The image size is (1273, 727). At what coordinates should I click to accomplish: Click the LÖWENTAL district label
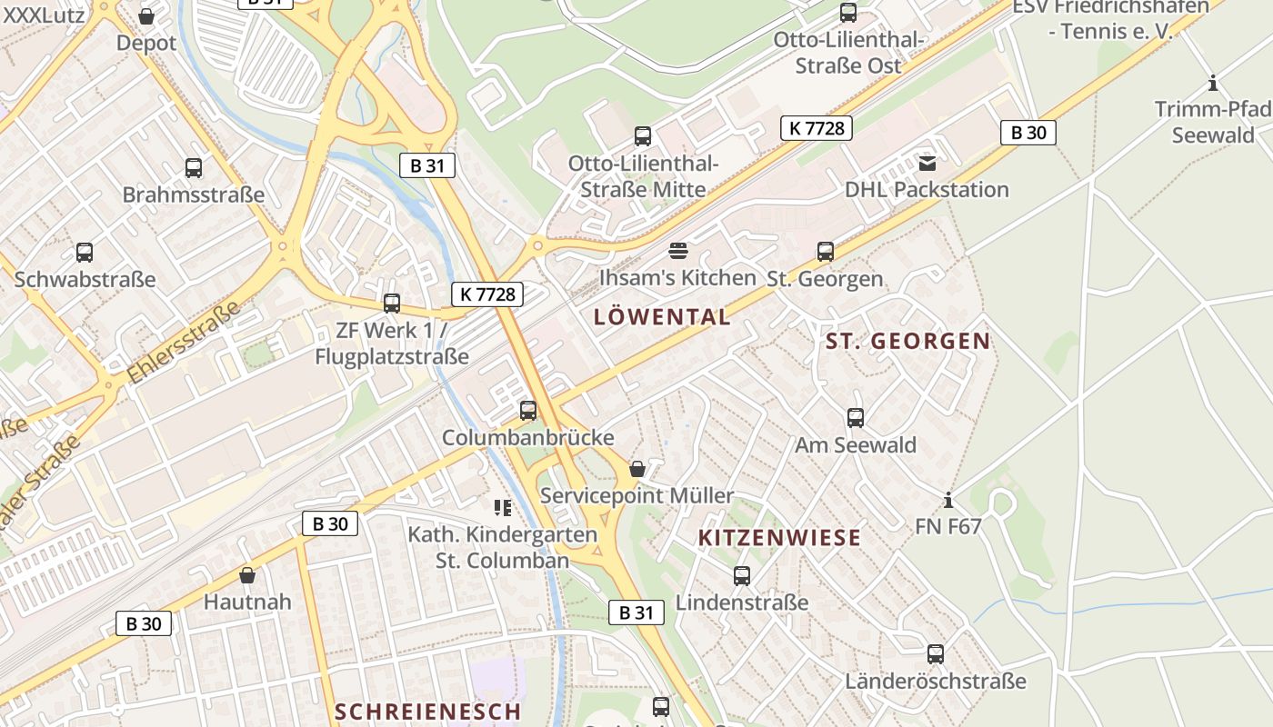click(x=661, y=317)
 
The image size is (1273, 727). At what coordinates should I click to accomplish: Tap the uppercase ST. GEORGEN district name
click(x=907, y=342)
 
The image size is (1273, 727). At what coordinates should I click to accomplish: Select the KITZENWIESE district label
click(x=779, y=537)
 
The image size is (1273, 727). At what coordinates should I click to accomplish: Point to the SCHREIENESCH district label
click(x=427, y=712)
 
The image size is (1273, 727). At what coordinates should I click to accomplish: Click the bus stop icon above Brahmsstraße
click(x=194, y=168)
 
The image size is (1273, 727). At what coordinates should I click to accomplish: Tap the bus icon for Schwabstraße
click(x=85, y=253)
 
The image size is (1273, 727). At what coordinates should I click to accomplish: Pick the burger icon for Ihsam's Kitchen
click(x=678, y=251)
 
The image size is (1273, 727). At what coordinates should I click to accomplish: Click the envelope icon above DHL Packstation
click(x=927, y=164)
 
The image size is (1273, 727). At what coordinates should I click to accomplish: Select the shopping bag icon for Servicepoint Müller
click(x=637, y=469)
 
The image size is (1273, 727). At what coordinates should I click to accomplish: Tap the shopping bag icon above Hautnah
click(x=247, y=575)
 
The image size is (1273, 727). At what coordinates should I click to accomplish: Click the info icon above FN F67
click(x=948, y=500)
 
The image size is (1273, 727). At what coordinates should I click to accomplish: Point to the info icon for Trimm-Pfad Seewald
click(x=1213, y=84)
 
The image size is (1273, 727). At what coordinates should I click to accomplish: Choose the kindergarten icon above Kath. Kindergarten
click(x=503, y=507)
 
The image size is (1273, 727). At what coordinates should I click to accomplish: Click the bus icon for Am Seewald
click(x=856, y=418)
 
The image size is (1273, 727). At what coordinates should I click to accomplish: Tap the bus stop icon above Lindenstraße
click(x=742, y=576)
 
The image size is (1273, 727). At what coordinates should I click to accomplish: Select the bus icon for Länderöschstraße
click(x=936, y=654)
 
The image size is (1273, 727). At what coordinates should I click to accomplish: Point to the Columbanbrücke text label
click(x=527, y=438)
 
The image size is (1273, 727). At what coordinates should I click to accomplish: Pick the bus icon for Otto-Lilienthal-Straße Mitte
click(x=643, y=137)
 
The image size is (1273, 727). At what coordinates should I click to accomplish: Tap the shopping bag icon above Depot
click(x=146, y=16)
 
